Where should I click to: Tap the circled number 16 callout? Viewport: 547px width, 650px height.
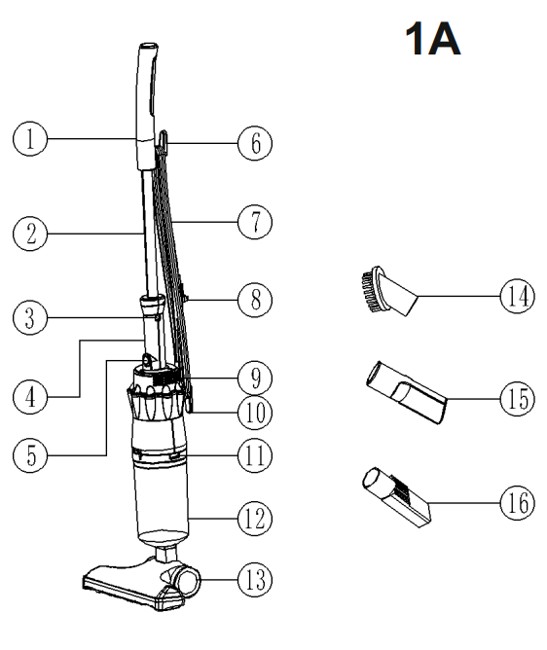(515, 502)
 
